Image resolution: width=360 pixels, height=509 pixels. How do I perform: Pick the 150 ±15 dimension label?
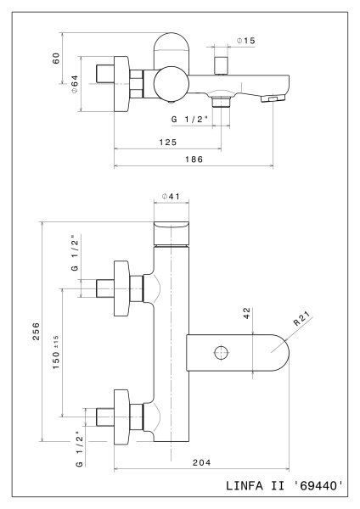57,350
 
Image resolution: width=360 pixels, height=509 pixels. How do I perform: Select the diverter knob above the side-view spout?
224,64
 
